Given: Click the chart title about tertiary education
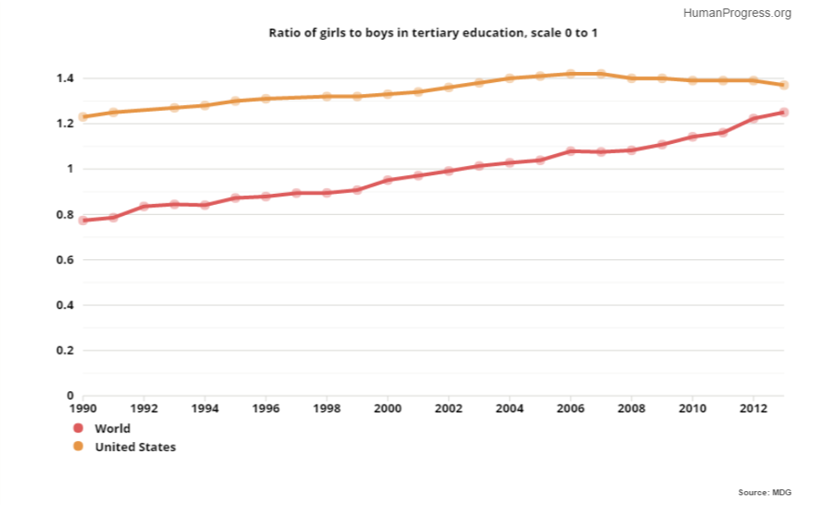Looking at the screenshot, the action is click(x=433, y=33).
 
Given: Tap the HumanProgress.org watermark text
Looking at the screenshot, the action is click(x=737, y=13).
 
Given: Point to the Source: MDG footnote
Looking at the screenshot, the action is click(x=764, y=492).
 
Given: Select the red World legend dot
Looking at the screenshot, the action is click(x=78, y=428).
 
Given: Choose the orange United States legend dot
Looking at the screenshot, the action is click(x=78, y=446).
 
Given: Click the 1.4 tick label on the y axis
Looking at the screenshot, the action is click(x=65, y=78).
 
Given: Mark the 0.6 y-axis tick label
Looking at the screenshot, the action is click(x=65, y=260).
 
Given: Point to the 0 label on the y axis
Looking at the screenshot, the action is click(x=70, y=395).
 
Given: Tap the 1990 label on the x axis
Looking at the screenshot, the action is click(x=83, y=408).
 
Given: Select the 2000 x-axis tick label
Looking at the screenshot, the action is click(x=388, y=408).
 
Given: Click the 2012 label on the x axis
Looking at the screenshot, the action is click(x=753, y=408).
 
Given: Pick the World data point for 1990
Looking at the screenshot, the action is click(x=83, y=220).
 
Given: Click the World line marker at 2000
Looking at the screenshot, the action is click(x=388, y=180).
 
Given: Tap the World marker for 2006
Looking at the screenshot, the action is click(x=570, y=152).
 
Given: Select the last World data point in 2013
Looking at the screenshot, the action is click(x=784, y=112).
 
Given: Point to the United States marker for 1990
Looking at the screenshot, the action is click(x=83, y=117).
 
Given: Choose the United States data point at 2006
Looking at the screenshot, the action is click(x=570, y=74).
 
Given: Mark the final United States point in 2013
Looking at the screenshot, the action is click(x=784, y=85).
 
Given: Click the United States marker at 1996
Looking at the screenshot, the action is click(x=266, y=98).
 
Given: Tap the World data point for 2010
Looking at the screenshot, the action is click(x=692, y=136).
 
